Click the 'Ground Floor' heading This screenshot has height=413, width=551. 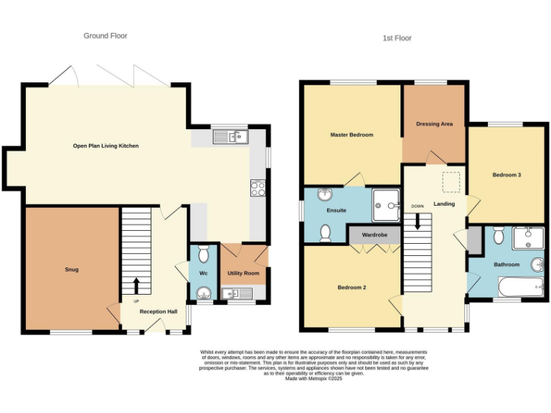tap(105, 35)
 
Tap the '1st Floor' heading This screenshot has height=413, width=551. tap(397, 38)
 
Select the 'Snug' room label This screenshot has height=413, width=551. tap(71, 270)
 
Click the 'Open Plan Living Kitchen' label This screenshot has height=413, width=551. tap(105, 146)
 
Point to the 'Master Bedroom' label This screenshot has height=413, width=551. tap(352, 135)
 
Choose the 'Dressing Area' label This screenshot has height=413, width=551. tap(434, 124)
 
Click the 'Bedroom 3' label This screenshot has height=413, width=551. tap(507, 175)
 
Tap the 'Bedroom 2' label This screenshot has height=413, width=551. tap(352, 288)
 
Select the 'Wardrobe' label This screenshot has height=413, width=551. tap(375, 234)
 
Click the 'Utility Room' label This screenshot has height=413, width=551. tap(243, 273)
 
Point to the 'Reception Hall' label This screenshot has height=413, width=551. tap(158, 312)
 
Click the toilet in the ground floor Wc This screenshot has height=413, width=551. tap(203, 254)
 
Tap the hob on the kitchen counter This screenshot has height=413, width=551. tap(258, 188)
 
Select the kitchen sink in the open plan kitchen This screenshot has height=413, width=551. tap(230, 135)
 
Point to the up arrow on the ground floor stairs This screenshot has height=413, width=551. tap(136, 285)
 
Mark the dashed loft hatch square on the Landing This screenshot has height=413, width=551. tap(451, 183)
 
